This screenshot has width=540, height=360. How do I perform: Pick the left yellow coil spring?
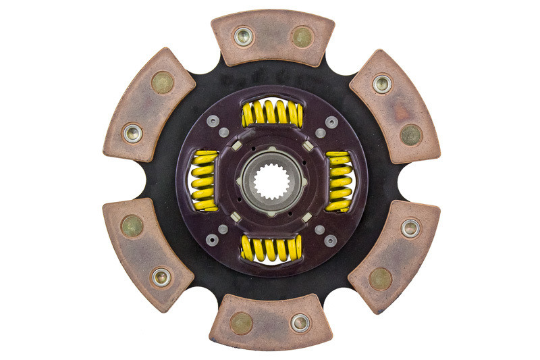[x=204, y=181]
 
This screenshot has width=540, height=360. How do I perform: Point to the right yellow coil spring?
[x=339, y=180]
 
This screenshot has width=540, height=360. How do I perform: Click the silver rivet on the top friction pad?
[x=243, y=36]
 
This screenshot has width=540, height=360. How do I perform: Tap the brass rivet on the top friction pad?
[x=302, y=36]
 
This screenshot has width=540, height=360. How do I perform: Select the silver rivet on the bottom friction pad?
[x=300, y=323]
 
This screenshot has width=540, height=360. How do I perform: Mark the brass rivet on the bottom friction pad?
[x=241, y=323]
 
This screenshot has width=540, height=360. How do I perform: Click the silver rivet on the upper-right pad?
[x=382, y=84]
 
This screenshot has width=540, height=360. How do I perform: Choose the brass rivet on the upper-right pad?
[x=410, y=134]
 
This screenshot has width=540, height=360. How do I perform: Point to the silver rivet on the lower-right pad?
[x=410, y=228]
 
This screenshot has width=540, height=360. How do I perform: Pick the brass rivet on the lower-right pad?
[x=381, y=278]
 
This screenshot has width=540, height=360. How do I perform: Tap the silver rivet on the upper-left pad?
[x=132, y=132]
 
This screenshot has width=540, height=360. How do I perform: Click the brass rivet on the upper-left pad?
[x=162, y=82]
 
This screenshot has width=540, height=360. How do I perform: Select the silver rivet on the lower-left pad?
[x=161, y=276]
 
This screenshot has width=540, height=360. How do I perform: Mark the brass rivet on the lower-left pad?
[x=132, y=226]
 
